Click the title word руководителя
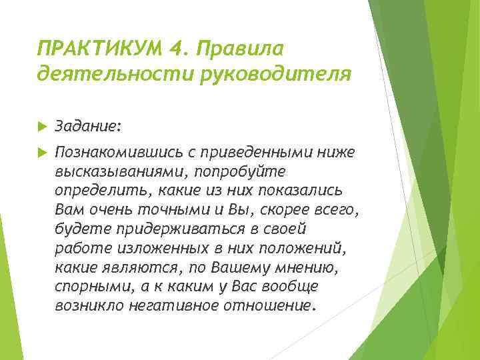273,74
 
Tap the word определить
104,191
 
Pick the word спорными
89,287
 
